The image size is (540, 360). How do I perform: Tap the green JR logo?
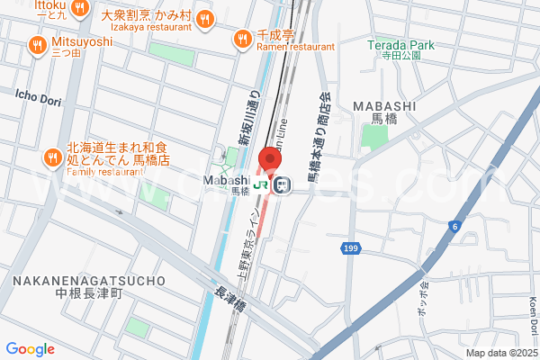(x=261, y=184)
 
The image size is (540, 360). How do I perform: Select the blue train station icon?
(x=282, y=184)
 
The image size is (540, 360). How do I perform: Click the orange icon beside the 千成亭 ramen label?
(x=241, y=39)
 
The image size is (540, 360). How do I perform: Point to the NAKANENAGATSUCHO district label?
(x=89, y=282)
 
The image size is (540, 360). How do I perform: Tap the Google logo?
(x=30, y=349)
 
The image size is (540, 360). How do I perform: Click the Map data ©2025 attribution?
(x=500, y=353)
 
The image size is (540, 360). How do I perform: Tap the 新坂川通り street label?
(x=248, y=115)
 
